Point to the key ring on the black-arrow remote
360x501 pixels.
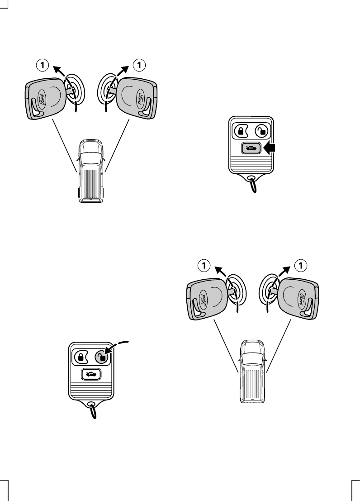coord(253,184)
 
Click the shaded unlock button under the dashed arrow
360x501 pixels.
coord(102,358)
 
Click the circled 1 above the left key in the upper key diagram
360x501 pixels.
coord(42,65)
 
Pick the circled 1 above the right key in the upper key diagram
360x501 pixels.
coord(139,65)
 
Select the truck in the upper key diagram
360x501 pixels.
coord(91,171)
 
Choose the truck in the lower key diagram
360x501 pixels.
coord(253,371)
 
